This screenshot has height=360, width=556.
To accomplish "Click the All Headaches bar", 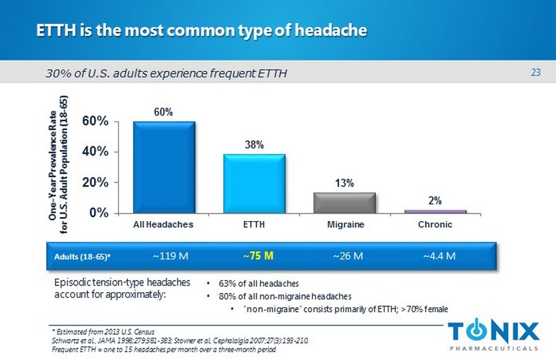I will pos(164,167).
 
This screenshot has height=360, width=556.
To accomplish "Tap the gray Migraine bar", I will pos(344,203).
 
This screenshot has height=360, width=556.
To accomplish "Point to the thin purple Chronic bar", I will pos(435,212).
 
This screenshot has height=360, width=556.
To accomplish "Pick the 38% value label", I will pos(255,145).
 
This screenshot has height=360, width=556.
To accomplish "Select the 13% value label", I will pos(345,183).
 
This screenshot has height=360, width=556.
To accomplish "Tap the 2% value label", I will pos(435,201).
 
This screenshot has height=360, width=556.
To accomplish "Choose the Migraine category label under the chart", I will pos(344,224).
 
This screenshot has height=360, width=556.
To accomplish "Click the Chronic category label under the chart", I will pos(435,224).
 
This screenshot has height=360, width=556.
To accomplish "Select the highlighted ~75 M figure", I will pos(258,256).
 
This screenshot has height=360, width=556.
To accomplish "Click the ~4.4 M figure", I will pos(439,256).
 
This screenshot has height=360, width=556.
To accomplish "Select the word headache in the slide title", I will pos(328,31).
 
